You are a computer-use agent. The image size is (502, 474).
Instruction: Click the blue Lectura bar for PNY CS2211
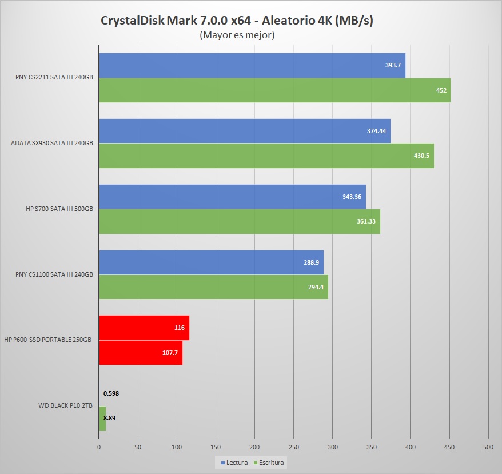(252, 65)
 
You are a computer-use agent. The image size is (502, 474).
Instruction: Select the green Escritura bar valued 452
(274, 90)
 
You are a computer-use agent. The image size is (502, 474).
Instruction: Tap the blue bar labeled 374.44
(244, 131)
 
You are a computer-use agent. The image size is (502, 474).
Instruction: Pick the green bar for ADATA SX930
(266, 156)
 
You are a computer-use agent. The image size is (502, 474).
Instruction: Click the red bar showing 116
(144, 328)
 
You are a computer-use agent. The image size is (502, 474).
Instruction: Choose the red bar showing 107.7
(140, 352)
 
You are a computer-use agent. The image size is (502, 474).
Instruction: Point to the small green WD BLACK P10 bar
(102, 418)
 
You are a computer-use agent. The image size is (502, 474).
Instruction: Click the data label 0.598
(111, 393)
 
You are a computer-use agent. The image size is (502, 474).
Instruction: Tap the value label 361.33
(366, 221)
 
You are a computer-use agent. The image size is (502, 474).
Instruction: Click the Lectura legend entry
(234, 462)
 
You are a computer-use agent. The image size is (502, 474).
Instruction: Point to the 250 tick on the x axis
(294, 447)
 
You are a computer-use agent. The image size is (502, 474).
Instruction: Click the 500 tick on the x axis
(488, 447)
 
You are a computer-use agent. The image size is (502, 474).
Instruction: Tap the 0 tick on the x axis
(99, 447)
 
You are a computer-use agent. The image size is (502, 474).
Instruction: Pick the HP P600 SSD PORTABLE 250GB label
(49, 340)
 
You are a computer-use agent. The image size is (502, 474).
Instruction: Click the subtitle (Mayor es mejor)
(237, 35)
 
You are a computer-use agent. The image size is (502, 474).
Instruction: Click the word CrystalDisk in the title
(135, 21)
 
